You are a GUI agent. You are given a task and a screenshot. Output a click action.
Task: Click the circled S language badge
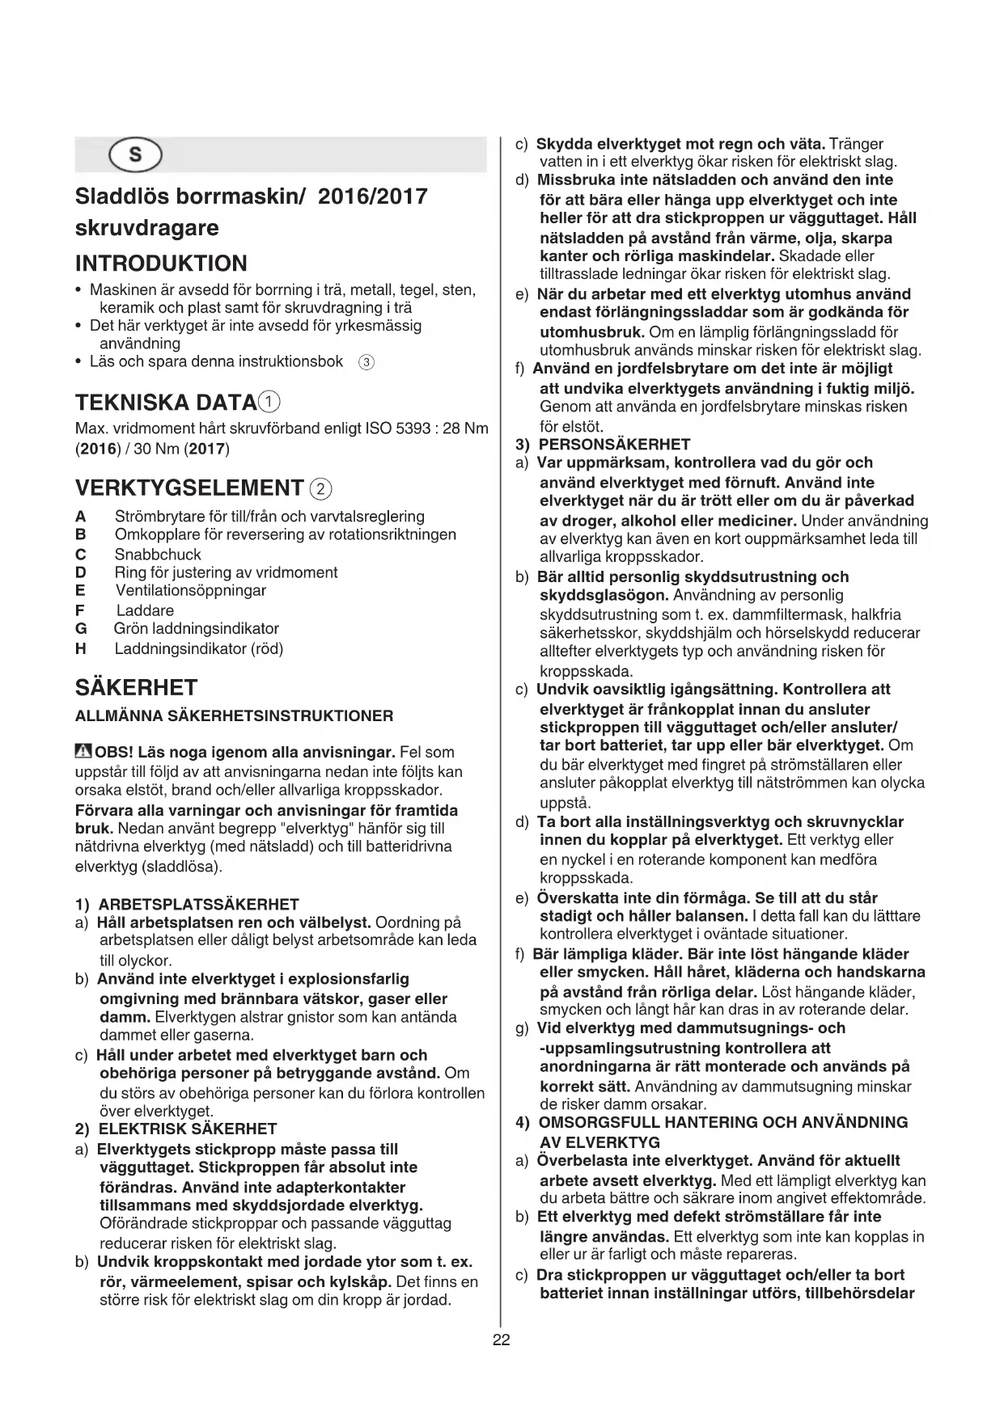click(x=135, y=155)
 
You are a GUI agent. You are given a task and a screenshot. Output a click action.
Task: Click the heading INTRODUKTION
click(x=161, y=264)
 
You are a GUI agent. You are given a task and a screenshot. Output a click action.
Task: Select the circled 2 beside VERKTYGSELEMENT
click(x=321, y=488)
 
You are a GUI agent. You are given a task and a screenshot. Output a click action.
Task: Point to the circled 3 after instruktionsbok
click(x=366, y=362)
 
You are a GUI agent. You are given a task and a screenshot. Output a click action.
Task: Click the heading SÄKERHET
click(x=136, y=688)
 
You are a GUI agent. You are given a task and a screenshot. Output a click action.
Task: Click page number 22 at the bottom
click(x=501, y=1340)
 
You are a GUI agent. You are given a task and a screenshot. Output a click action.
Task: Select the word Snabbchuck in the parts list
click(x=158, y=555)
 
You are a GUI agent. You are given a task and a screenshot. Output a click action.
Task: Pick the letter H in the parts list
click(x=80, y=648)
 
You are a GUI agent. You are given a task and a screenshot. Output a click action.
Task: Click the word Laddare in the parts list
click(x=145, y=610)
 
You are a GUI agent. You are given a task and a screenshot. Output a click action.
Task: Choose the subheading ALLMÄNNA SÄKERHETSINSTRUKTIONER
click(x=234, y=716)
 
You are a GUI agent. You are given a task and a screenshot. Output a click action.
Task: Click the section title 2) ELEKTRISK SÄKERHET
click(x=176, y=1129)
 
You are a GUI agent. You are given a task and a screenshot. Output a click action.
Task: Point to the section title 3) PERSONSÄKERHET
click(x=603, y=444)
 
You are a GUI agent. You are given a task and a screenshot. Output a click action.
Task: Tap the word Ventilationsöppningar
click(x=190, y=590)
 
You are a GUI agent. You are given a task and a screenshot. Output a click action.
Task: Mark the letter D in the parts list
click(x=80, y=572)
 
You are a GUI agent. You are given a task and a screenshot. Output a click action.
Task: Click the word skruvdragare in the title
click(x=146, y=228)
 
